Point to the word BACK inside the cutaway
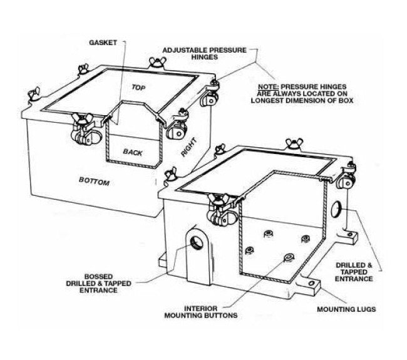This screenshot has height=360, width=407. click(133, 152)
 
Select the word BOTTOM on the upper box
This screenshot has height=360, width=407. click(94, 182)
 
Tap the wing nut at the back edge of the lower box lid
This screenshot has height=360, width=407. click(289, 144)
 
